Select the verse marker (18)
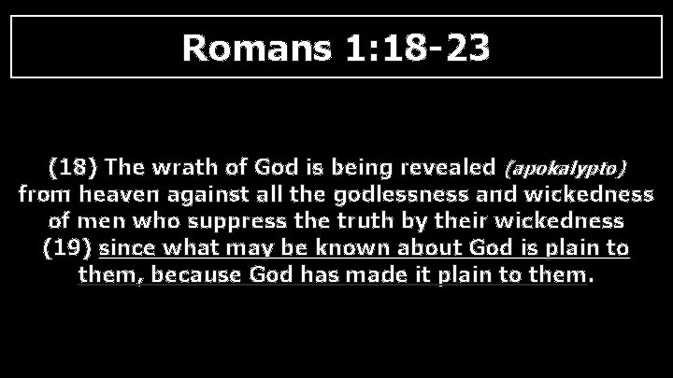(x=73, y=168)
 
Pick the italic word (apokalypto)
(x=565, y=169)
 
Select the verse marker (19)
(x=68, y=249)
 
